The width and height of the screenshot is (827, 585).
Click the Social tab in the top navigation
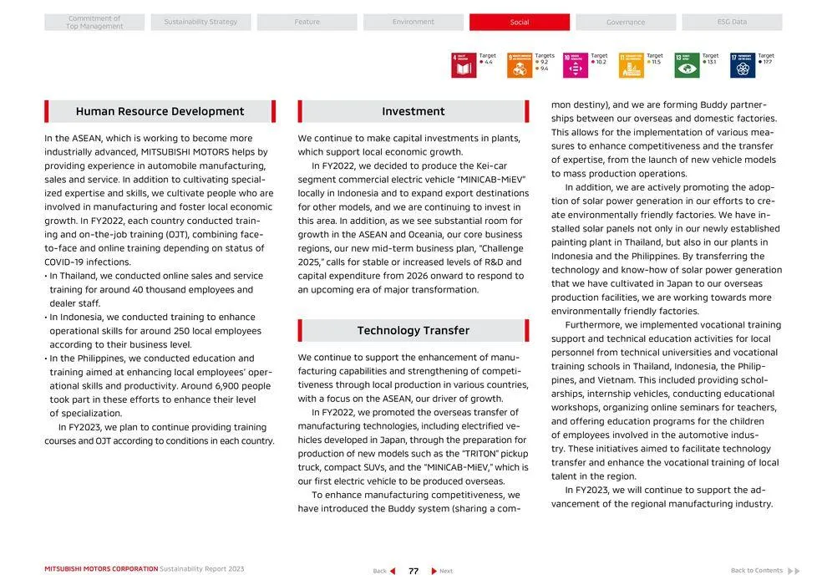519,23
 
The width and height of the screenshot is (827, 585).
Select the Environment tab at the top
413,23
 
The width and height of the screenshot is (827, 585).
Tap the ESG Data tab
732,23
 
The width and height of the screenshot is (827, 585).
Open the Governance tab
626,23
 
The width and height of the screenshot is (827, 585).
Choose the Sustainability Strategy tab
200,23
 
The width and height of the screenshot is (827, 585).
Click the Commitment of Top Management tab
94,23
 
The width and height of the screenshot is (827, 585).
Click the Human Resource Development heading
160,112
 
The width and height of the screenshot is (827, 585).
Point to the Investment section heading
413,112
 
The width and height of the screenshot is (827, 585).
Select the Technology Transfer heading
413,331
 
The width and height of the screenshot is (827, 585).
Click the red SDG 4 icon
464,65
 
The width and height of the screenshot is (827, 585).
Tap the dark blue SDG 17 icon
742,65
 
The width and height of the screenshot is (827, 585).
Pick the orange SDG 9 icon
519,65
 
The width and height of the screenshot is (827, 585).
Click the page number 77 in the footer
413,571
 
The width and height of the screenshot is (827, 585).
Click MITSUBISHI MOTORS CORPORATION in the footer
101,569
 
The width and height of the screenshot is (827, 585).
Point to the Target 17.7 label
766,58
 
